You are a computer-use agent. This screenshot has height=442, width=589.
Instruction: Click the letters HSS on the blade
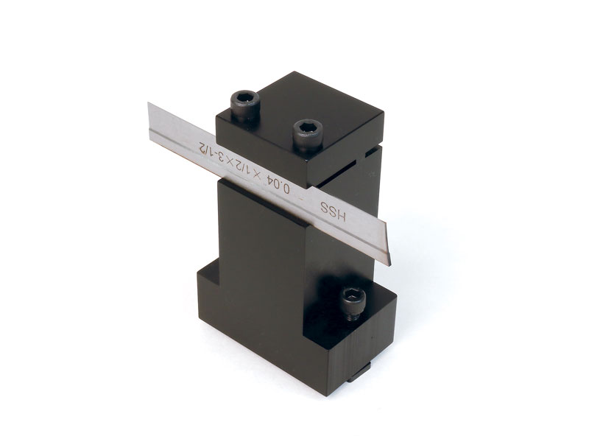click(x=333, y=211)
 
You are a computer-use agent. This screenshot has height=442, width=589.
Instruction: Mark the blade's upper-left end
click(x=149, y=102)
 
